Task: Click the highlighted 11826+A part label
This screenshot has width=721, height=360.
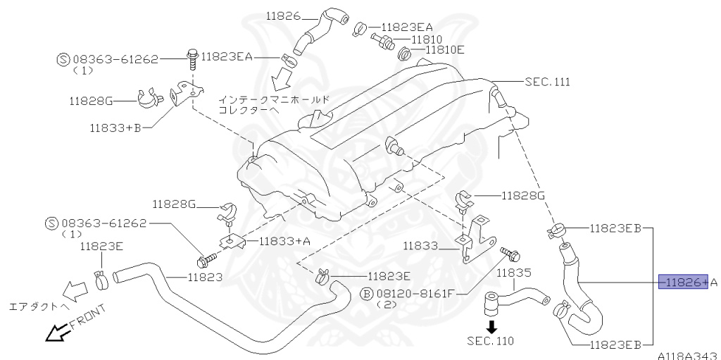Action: (x=683, y=283)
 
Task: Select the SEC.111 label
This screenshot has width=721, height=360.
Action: (x=547, y=82)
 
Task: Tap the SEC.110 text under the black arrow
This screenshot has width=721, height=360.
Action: (x=490, y=341)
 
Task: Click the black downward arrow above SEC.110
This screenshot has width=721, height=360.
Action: (x=491, y=326)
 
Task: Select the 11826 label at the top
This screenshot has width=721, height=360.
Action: (x=283, y=15)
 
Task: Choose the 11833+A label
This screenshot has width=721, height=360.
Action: (x=284, y=241)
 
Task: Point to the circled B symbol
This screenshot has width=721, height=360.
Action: (x=366, y=293)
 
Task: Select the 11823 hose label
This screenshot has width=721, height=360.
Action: (x=205, y=277)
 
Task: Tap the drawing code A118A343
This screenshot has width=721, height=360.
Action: (x=688, y=355)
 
